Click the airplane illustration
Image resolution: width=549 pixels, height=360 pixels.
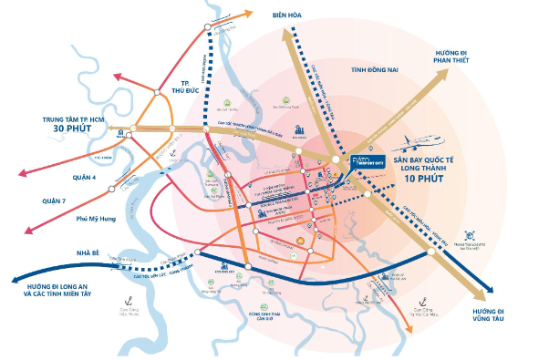pyautogui.click(x=422, y=143)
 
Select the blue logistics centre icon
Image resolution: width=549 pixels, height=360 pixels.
pyautogui.click(x=471, y=235)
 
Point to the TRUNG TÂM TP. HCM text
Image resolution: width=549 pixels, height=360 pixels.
pyautogui.click(x=65, y=118)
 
